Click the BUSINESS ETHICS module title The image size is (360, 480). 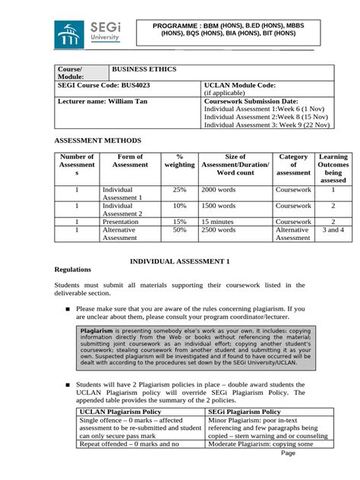(144, 70)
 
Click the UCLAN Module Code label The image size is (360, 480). (240, 86)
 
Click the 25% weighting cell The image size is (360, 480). (179, 189)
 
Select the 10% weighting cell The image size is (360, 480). (179, 205)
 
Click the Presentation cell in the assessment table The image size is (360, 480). (122, 221)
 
